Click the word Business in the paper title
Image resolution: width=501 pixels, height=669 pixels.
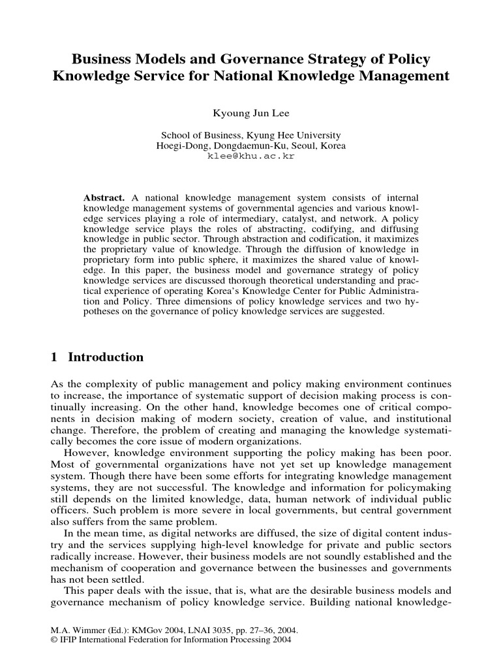coord(102,60)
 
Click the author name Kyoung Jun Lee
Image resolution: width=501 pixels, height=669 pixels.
coord(251,114)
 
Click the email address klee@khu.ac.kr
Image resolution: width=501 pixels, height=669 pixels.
coord(251,156)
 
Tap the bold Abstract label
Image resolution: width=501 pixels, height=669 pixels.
coord(104,197)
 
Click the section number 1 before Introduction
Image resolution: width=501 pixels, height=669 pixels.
coord(55,357)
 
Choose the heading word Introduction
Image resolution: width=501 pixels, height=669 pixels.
coord(106,357)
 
